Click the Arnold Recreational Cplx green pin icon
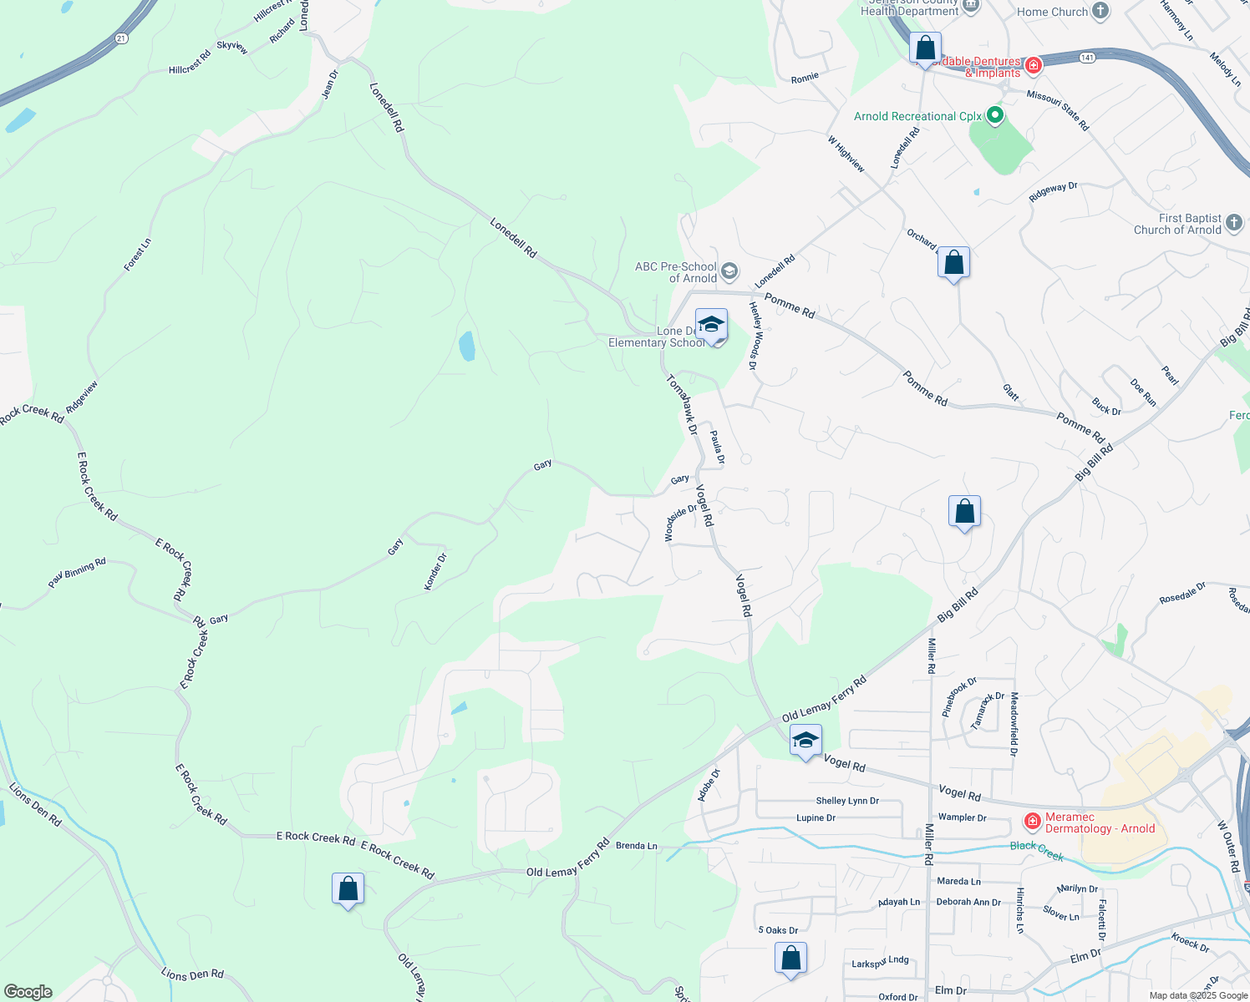[994, 116]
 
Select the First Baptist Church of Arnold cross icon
[1234, 224]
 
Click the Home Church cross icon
[1100, 11]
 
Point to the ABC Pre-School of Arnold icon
[729, 271]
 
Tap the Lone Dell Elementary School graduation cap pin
[711, 325]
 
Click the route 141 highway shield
[1086, 58]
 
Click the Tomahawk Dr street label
[682, 405]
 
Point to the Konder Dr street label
[435, 571]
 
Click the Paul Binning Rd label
[77, 573]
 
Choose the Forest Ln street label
[138, 255]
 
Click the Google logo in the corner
[28, 991]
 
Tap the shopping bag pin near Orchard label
[953, 263]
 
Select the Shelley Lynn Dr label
[847, 801]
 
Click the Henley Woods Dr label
[754, 336]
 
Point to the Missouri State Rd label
[1058, 110]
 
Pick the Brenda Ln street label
[637, 846]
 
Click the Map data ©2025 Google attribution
[1198, 995]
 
